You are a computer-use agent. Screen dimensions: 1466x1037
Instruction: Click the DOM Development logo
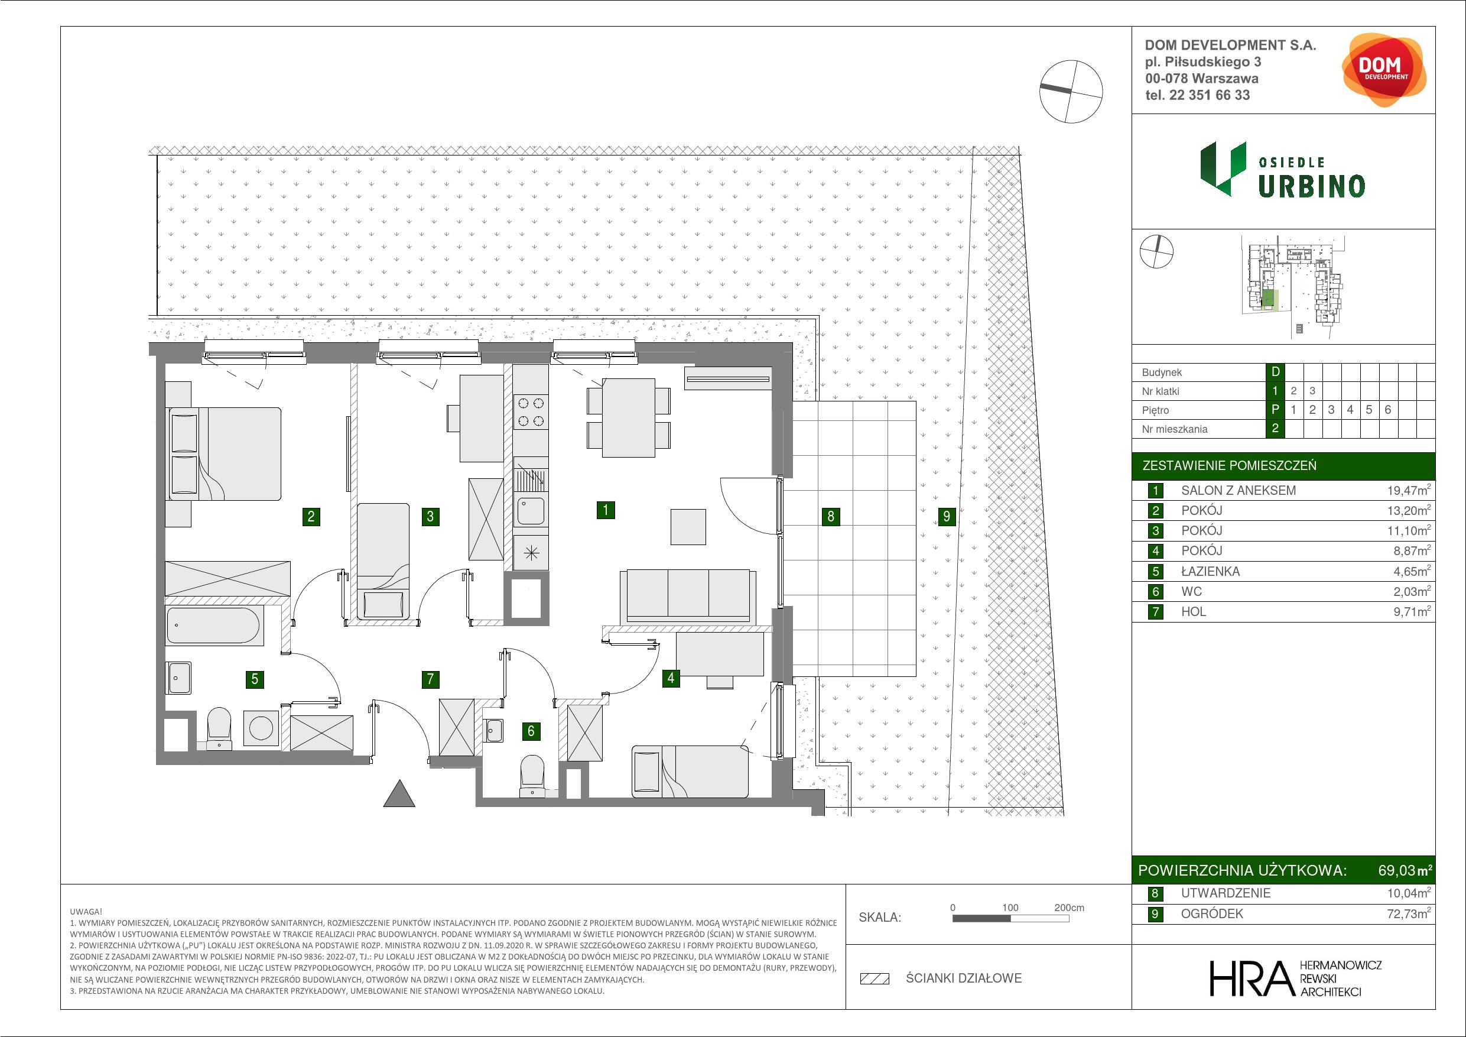coord(1383,70)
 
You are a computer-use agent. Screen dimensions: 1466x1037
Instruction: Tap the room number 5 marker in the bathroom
coord(255,679)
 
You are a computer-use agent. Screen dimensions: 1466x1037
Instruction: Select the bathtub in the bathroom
coord(214,626)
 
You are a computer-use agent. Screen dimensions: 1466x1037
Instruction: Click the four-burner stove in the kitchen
coord(531,412)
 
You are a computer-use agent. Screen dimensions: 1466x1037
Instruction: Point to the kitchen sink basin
coord(531,511)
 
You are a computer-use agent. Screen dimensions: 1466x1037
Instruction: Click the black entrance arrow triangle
coord(399,793)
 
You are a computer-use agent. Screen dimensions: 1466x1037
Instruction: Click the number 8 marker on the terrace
coord(831,516)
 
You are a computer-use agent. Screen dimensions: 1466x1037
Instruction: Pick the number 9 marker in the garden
coord(947,516)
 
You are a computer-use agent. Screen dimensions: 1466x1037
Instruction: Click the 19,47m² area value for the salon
coord(1412,491)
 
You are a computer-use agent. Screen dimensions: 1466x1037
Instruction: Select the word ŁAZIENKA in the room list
coord(1211,571)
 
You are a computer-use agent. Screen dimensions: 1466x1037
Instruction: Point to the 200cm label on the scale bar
coord(1069,908)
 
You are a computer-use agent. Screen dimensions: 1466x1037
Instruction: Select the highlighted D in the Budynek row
coord(1275,372)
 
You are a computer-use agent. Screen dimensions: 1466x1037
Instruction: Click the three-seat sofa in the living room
coord(688,595)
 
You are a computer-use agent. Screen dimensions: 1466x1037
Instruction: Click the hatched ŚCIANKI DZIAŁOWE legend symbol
coord(875,978)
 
